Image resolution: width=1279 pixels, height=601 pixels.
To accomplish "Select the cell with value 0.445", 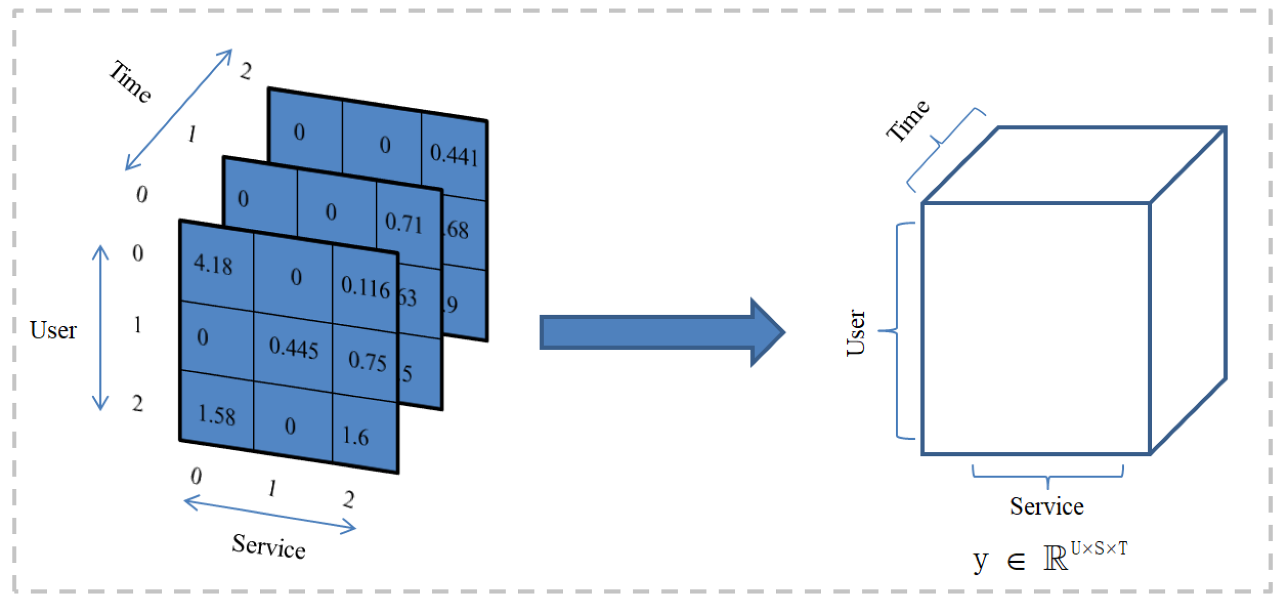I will pos(293,348).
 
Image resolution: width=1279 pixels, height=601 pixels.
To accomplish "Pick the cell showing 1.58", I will pos(217,415).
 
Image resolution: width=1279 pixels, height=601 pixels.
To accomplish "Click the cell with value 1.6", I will pos(356,436).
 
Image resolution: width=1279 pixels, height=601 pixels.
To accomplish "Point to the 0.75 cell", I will pos(367,361).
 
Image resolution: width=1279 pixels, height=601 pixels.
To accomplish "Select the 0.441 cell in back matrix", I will pos(454,155).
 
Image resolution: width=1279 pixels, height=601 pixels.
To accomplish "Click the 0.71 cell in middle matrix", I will pos(403,223).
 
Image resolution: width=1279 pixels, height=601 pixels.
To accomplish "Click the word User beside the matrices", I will pos(53,330).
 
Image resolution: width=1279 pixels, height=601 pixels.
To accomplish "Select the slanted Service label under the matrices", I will pos(268,547).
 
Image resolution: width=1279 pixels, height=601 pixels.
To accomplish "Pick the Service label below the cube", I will pos(1046,506).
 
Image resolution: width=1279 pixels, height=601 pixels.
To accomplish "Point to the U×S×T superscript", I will pos(1099,548).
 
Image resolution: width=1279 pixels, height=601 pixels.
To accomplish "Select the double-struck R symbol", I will pos(1055,558).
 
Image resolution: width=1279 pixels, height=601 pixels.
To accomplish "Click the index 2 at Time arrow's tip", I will pos(245,71).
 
